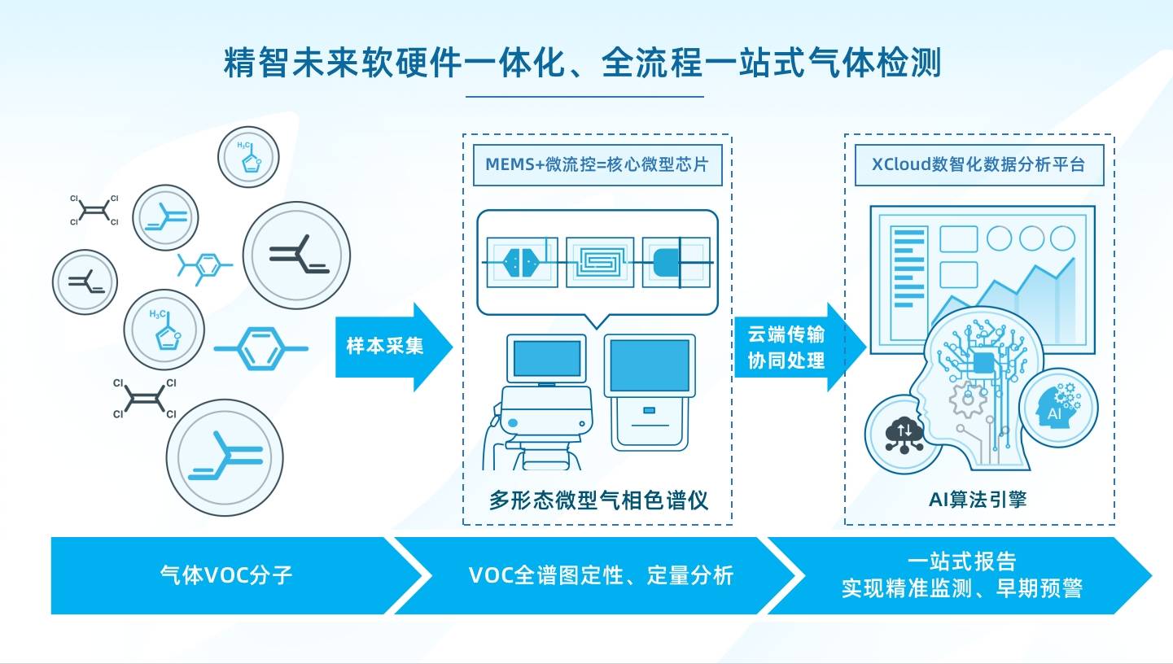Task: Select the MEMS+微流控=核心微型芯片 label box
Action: (597, 164)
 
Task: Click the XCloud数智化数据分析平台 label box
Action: (978, 164)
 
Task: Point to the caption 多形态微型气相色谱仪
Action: (598, 500)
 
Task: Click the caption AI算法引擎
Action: (978, 500)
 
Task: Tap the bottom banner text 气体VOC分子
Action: (226, 575)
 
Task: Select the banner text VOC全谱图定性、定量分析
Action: (601, 575)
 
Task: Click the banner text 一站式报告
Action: (961, 561)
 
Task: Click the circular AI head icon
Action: (1057, 407)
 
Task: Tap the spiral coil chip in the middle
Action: (600, 261)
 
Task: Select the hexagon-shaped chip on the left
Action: (522, 261)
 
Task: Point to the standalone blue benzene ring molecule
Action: (260, 348)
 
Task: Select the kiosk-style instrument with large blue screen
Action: (649, 391)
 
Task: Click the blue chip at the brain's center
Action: (983, 364)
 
